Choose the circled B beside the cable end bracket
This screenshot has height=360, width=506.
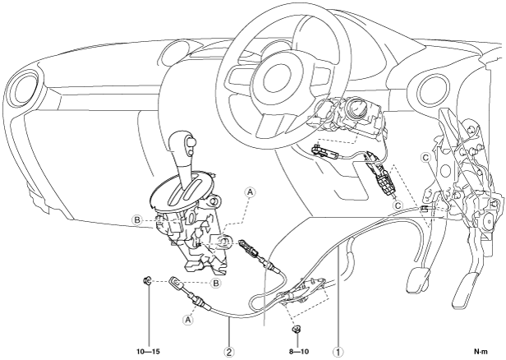pos(216,283)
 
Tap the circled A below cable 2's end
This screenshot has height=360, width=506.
pos(188,320)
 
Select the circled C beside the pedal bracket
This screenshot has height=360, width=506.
pos(425,156)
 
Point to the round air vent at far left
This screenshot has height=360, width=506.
pos(21,89)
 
